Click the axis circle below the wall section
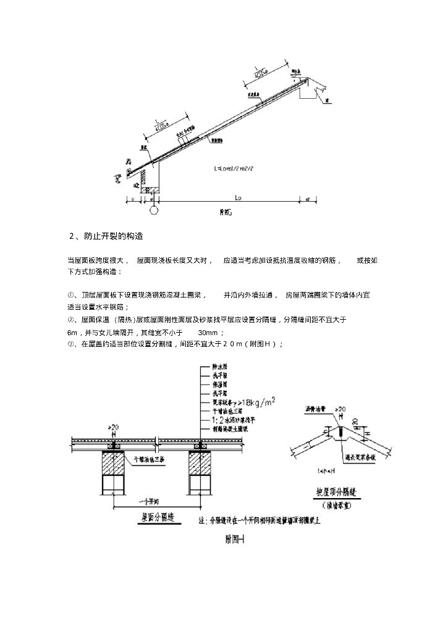153,210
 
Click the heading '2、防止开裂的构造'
106,236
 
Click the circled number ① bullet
70,295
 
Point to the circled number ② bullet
70,320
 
